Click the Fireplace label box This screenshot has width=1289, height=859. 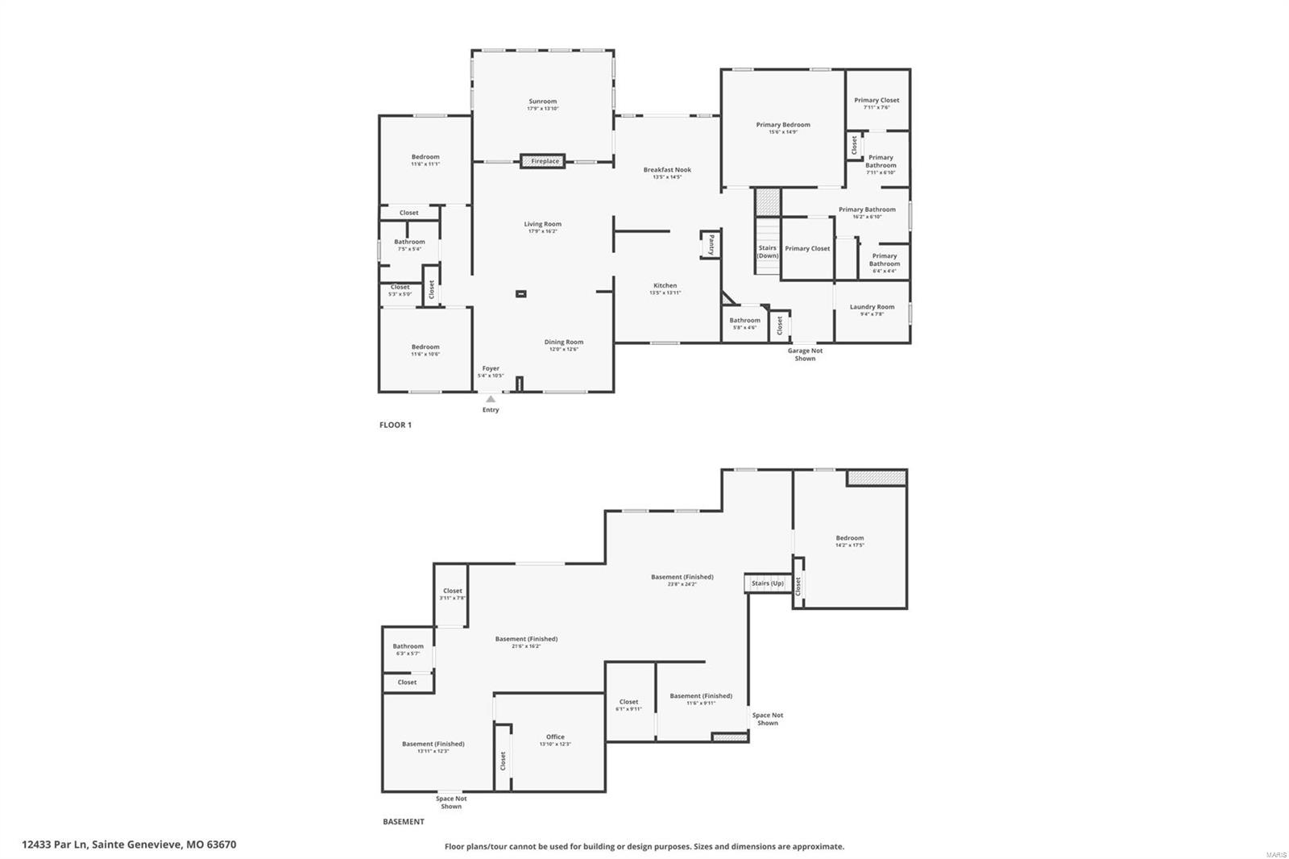pos(543,161)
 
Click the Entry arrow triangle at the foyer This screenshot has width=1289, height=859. pos(491,399)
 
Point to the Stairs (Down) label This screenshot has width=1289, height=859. pos(767,251)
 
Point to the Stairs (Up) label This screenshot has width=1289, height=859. pos(767,583)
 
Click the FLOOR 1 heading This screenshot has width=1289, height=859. pos(395,425)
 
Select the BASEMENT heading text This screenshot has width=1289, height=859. pos(403,822)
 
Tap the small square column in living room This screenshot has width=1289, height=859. pos(521,294)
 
